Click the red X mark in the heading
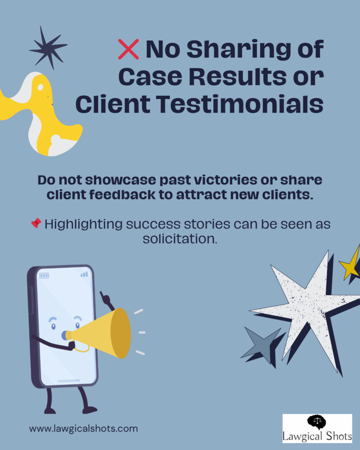(x=128, y=49)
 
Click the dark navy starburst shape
(x=48, y=47)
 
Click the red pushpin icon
(x=36, y=223)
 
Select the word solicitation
(x=180, y=239)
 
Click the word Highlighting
(x=84, y=224)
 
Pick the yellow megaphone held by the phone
(x=105, y=333)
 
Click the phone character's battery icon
(x=44, y=276)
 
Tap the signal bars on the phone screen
(x=84, y=274)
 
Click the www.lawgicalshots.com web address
(x=84, y=428)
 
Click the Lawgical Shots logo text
(x=317, y=435)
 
